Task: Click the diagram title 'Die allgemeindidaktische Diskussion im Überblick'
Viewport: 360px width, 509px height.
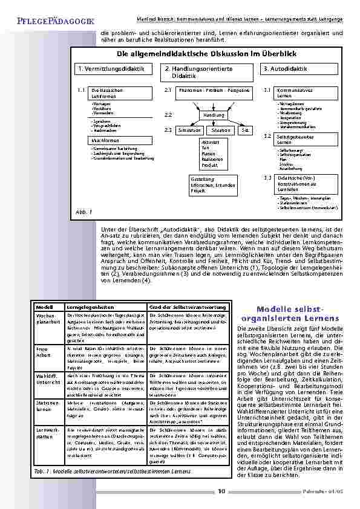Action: (209, 54)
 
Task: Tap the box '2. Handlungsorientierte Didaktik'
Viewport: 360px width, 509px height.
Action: (209, 73)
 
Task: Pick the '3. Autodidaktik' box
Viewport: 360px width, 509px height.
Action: (303, 70)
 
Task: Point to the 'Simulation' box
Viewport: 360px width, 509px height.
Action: (190, 130)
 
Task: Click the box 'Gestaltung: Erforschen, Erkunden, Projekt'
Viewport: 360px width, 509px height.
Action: (210, 184)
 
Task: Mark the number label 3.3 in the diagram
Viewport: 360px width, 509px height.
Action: (268, 178)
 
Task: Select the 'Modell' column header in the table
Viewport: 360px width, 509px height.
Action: (45, 308)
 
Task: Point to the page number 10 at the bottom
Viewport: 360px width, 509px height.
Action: (222, 491)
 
